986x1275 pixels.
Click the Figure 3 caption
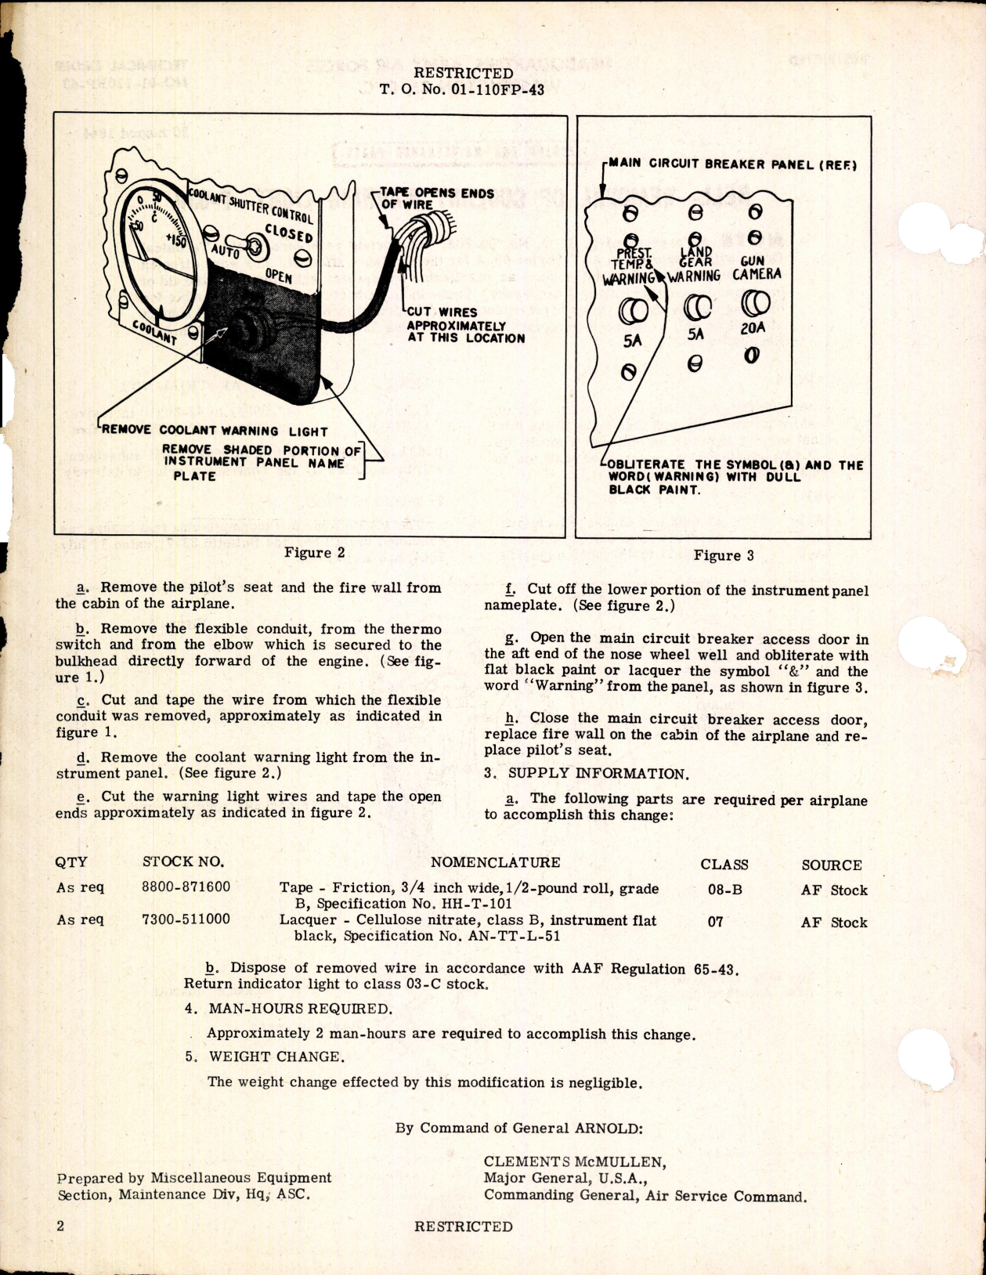point(723,556)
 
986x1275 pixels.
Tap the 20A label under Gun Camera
point(752,329)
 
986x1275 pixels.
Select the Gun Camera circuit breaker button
point(756,302)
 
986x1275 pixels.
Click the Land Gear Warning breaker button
point(695,306)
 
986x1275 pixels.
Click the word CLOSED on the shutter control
point(288,233)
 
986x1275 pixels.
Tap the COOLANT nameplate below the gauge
point(154,332)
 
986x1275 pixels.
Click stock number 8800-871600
point(186,888)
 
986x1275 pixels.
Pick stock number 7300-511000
point(186,919)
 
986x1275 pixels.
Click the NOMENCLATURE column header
point(495,863)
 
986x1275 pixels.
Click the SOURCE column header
point(831,865)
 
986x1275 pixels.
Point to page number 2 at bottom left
point(60,1226)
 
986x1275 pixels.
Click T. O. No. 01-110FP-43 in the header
point(462,89)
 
